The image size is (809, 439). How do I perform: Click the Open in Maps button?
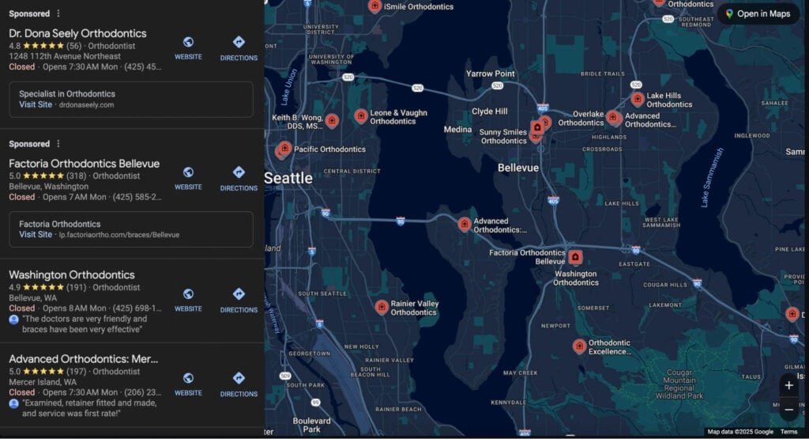tap(758, 13)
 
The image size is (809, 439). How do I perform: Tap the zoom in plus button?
tap(788, 385)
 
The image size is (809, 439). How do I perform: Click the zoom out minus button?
tap(788, 410)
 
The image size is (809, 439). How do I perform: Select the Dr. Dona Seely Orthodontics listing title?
tap(77, 33)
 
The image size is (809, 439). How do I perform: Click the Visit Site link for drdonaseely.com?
tap(36, 104)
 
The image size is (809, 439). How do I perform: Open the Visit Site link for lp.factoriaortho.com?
tap(36, 235)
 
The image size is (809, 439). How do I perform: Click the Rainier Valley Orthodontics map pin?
tap(382, 306)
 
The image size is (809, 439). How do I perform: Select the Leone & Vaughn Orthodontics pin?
tap(361, 115)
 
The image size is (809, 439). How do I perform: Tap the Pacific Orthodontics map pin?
tap(285, 148)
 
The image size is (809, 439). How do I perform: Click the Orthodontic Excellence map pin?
tap(579, 346)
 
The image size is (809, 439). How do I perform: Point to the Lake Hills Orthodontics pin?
tap(638, 99)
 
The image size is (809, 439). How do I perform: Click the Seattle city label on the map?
tap(288, 178)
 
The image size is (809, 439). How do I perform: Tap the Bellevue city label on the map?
tap(518, 168)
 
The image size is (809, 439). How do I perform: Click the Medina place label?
tap(457, 130)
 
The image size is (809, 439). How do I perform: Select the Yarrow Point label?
tap(490, 74)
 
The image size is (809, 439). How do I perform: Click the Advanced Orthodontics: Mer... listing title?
tap(84, 359)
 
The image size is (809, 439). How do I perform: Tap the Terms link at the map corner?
tap(788, 432)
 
